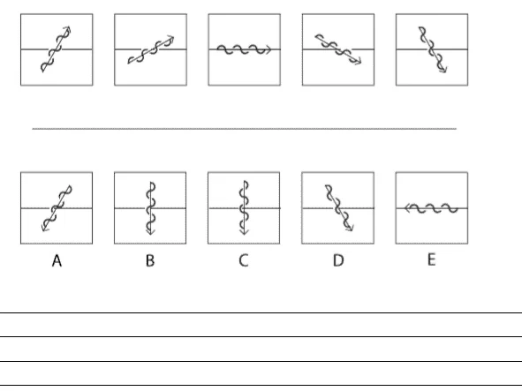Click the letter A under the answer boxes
click(x=57, y=261)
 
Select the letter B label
click(x=150, y=260)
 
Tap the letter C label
click(x=244, y=260)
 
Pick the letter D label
click(x=338, y=260)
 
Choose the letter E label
click(x=431, y=259)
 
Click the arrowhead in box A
click(x=44, y=228)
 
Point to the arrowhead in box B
click(x=150, y=231)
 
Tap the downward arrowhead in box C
click(x=245, y=231)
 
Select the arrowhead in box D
click(x=350, y=228)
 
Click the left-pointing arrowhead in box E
click(x=407, y=208)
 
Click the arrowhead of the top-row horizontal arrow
click(x=269, y=49)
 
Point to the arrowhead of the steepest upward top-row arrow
click(x=68, y=29)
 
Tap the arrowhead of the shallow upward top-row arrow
click(x=170, y=38)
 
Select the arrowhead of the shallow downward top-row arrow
click(x=358, y=62)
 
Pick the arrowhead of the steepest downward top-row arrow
click(x=443, y=69)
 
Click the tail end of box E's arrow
click(x=458, y=208)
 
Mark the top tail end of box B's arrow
click(x=151, y=182)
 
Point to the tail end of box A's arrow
click(x=71, y=186)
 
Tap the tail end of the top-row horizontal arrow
click(x=217, y=49)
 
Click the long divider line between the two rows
click(x=245, y=129)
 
